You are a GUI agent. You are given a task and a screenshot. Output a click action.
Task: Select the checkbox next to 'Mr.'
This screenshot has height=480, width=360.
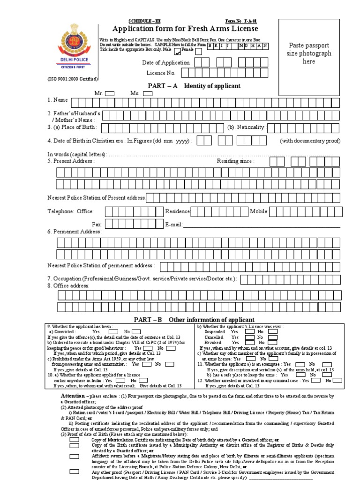(110, 94)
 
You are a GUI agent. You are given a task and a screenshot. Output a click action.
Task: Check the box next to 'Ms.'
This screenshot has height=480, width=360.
(148, 94)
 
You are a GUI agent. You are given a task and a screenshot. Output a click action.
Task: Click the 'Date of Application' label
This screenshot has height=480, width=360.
(166, 63)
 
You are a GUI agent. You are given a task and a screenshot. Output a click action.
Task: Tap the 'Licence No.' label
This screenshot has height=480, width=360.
(161, 73)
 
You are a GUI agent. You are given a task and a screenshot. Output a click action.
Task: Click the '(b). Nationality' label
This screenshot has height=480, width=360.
(247, 127)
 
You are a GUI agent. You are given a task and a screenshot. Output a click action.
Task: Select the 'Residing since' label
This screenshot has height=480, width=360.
(235, 161)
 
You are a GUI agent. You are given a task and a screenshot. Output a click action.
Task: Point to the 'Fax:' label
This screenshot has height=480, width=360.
(97, 225)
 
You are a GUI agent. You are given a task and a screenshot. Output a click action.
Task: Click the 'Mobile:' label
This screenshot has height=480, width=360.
(259, 211)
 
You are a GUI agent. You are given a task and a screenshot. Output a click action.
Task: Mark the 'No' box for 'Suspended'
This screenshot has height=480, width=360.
(273, 331)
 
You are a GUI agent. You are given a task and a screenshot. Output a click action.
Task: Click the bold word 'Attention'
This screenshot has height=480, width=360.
(73, 396)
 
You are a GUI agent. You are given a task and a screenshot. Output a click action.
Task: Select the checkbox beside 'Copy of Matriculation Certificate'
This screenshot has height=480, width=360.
(74, 440)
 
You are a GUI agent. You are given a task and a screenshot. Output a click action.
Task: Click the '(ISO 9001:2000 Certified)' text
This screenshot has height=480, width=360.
(72, 79)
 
